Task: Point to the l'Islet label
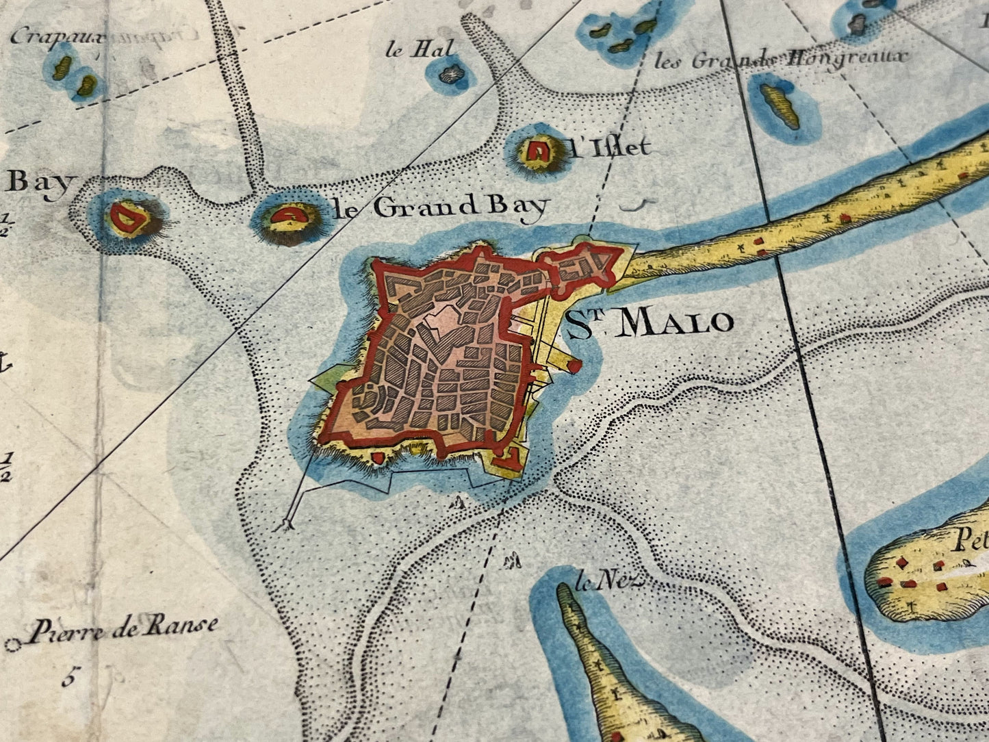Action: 609,147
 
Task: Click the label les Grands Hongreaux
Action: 780,59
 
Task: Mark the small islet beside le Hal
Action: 451,73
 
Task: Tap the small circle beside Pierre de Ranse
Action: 12,645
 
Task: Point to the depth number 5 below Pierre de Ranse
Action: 68,679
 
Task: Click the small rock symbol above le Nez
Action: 511,563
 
